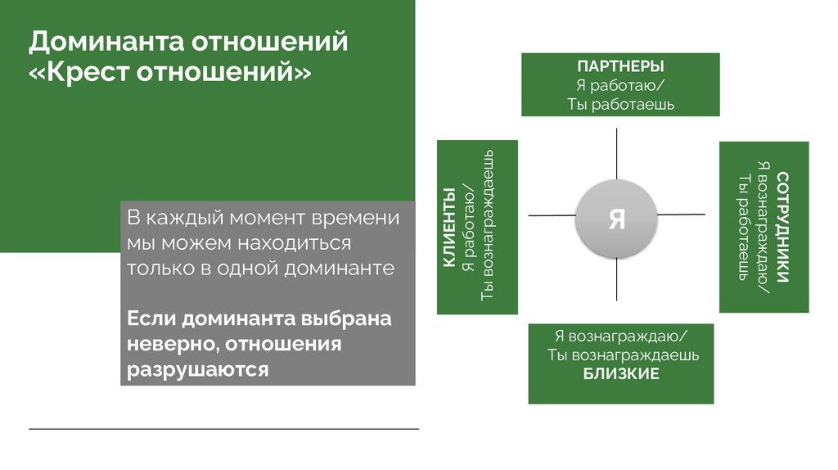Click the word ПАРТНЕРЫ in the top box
tap(620, 66)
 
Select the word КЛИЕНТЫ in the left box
tap(449, 228)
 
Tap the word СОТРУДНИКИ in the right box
tap(783, 227)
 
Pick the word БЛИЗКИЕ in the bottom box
tap(621, 374)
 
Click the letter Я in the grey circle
tap(616, 219)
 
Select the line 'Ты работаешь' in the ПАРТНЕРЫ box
tap(620, 104)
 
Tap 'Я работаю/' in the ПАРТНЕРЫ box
tap(620, 85)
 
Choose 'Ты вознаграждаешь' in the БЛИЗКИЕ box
tap(622, 356)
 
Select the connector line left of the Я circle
tap(552, 216)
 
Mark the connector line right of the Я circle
tap(680, 215)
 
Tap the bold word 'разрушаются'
tap(197, 369)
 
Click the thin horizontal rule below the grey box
tap(223, 429)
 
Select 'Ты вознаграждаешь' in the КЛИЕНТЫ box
tap(488, 228)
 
